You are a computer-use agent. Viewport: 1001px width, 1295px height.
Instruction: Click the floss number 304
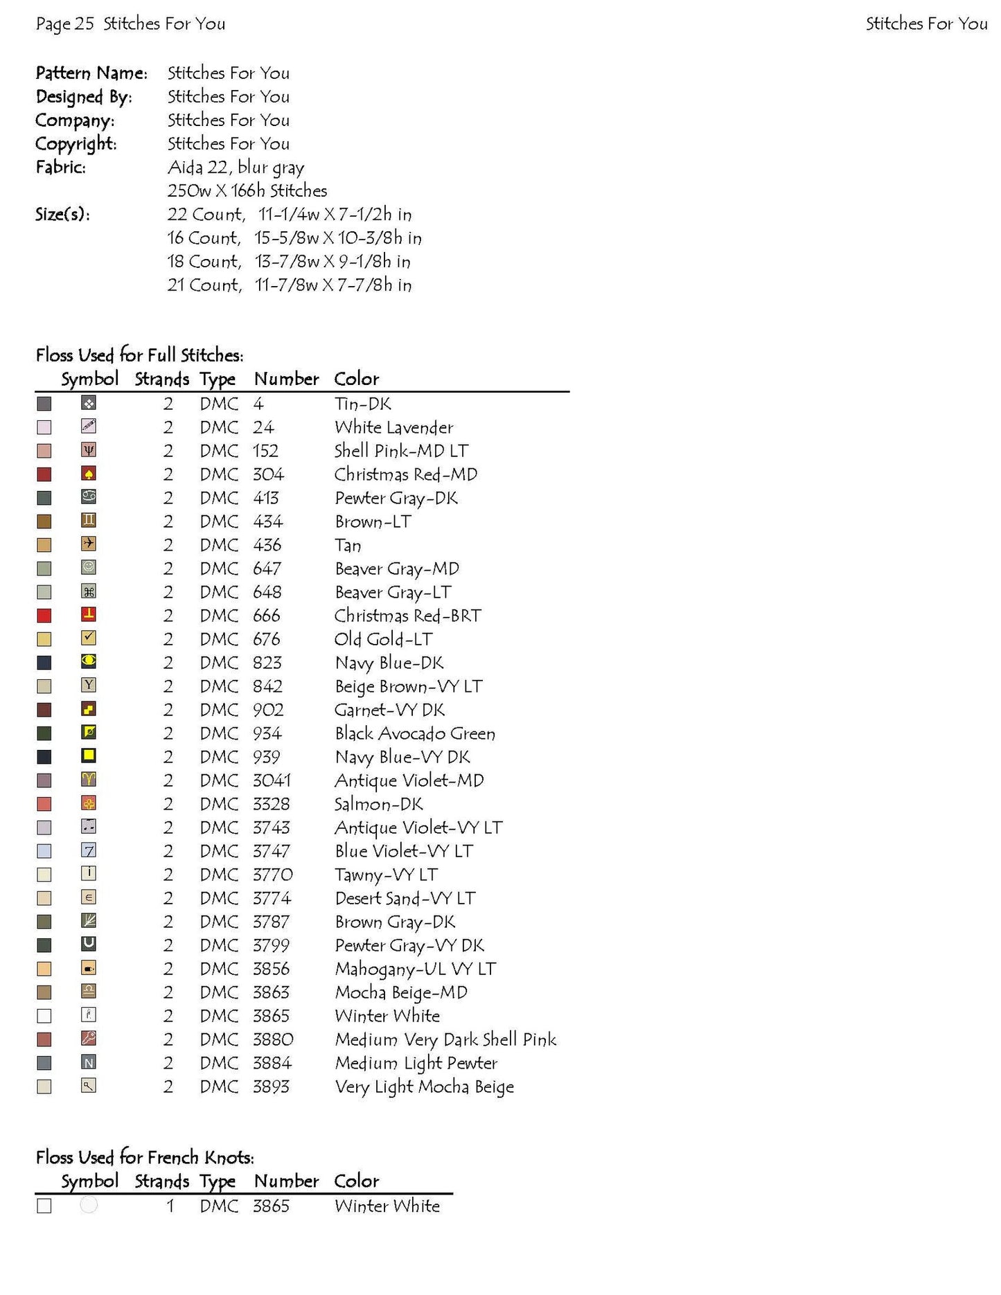(268, 474)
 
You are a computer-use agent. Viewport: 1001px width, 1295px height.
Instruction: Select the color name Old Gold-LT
(383, 639)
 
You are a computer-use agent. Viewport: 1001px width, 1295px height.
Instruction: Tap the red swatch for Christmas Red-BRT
(44, 616)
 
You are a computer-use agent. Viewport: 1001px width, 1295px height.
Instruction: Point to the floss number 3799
(271, 945)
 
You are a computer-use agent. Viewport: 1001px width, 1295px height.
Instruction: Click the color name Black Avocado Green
(415, 733)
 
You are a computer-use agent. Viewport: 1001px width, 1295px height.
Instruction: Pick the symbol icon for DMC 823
(89, 661)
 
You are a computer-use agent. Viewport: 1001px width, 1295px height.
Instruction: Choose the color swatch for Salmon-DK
(44, 804)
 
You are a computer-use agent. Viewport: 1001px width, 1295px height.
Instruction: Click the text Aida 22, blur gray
(236, 168)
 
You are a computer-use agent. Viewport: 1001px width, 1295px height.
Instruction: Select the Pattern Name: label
(91, 73)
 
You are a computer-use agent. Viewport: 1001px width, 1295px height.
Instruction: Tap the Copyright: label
(76, 144)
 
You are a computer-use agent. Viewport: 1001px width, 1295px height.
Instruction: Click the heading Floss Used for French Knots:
(145, 1157)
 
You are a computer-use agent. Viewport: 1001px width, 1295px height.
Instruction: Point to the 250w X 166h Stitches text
(247, 191)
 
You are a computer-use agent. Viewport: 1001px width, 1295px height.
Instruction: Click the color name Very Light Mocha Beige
(424, 1087)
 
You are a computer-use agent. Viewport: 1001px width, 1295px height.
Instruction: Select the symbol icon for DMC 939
(89, 756)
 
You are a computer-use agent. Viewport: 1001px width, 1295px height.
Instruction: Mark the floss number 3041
(272, 780)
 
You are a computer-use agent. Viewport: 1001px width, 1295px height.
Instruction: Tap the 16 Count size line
(294, 238)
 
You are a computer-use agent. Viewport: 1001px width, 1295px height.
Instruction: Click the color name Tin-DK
(362, 404)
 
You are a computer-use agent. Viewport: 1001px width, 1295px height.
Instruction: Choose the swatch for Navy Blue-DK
(44, 663)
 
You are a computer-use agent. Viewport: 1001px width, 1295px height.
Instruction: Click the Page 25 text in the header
(64, 24)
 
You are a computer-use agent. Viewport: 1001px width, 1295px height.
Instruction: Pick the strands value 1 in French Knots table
(170, 1206)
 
